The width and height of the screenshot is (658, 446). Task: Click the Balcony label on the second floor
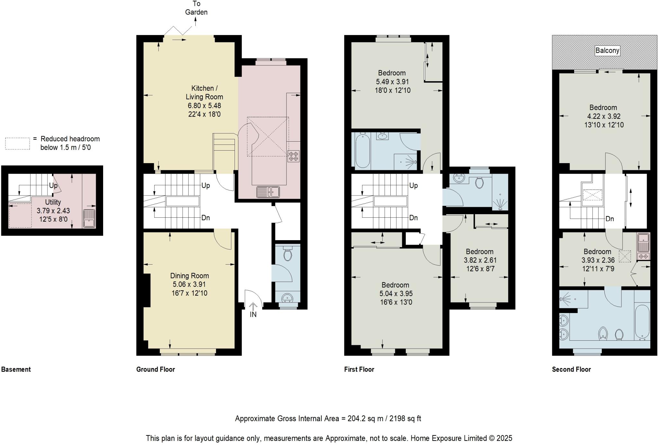(607, 50)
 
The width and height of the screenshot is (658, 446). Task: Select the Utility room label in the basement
(53, 202)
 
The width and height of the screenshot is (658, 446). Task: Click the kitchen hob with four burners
(294, 156)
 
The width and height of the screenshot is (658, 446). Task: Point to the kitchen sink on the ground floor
(268, 192)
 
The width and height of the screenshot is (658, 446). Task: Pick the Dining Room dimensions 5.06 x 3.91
(189, 284)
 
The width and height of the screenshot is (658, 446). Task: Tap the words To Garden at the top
(196, 8)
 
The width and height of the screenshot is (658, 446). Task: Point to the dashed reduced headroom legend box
(18, 144)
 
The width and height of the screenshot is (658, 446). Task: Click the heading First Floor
(359, 369)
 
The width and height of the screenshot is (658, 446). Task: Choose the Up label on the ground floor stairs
(206, 186)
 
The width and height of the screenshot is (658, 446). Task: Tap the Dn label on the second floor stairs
(609, 219)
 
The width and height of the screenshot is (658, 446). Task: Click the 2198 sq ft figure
(406, 419)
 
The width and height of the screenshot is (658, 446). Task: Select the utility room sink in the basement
(89, 218)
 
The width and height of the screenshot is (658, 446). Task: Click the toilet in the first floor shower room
(479, 183)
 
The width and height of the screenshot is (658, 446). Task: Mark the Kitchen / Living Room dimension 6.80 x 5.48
(204, 105)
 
